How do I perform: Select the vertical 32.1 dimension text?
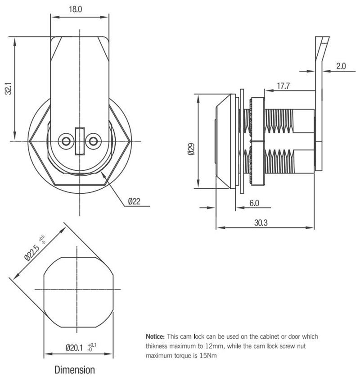coord(8,89)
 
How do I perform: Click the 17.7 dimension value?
coord(283,86)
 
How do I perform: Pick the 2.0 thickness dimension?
coord(340,66)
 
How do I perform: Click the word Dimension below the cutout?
coord(75,370)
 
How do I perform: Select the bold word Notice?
coord(155,336)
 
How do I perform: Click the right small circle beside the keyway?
coord(93,141)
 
